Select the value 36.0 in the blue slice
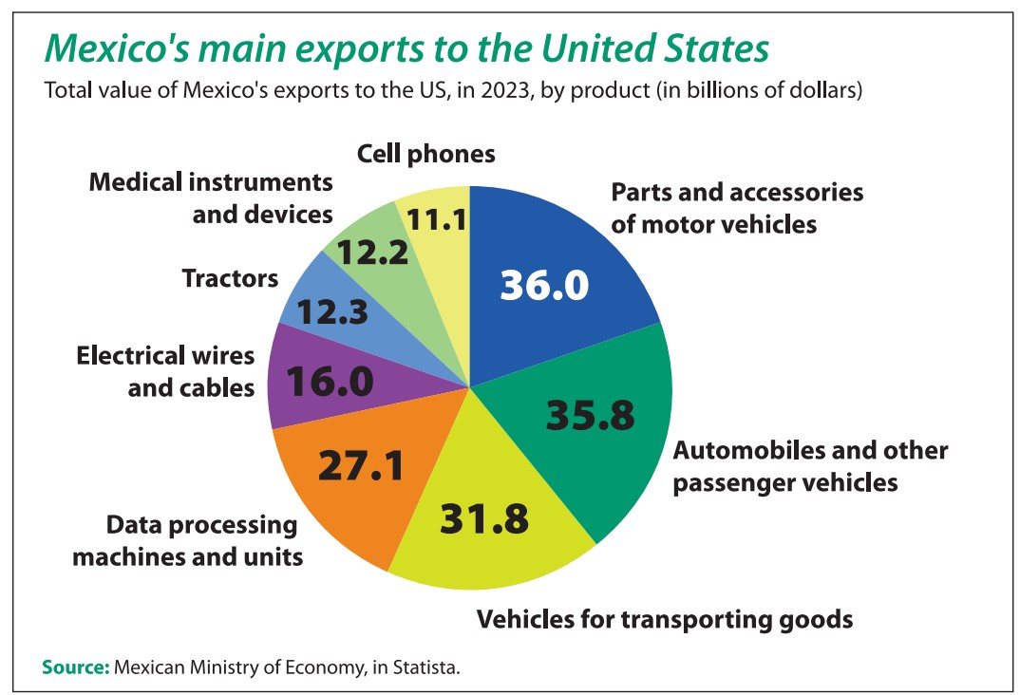(x=544, y=285)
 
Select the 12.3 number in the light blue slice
(x=332, y=312)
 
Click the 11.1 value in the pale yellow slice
(x=435, y=220)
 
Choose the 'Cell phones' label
(x=425, y=153)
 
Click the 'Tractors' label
(x=230, y=278)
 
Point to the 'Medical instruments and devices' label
(x=211, y=197)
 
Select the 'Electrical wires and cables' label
(x=165, y=371)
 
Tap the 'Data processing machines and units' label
(x=188, y=540)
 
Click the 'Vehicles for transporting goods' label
(x=664, y=620)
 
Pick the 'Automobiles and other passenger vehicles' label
(x=810, y=465)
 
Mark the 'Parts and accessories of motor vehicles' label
(x=736, y=208)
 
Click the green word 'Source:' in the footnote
(x=76, y=667)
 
